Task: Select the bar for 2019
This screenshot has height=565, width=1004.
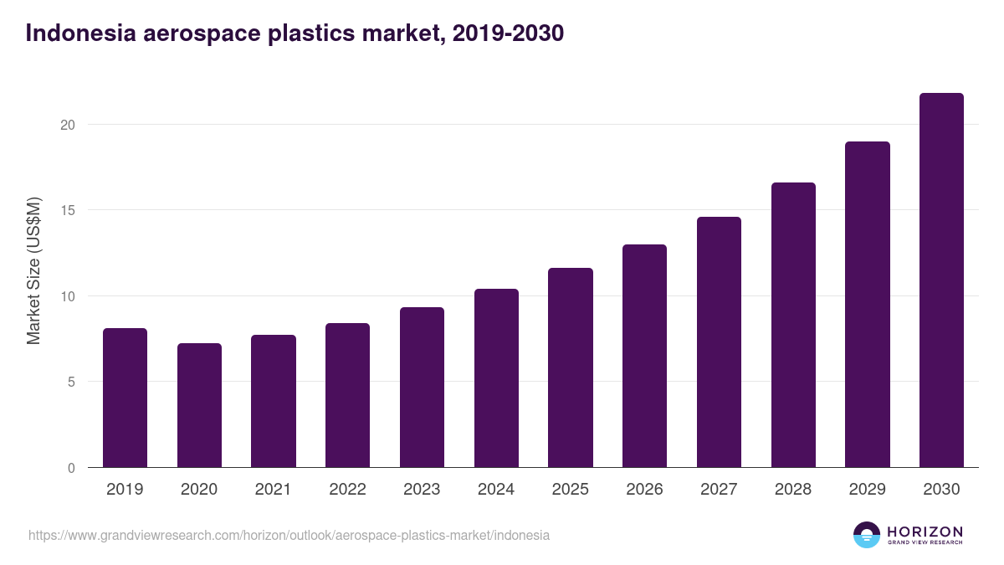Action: (x=125, y=398)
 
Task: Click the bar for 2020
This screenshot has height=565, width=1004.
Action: (x=199, y=405)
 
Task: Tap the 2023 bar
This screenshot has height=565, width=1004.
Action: (x=422, y=387)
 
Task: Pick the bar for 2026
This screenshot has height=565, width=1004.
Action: (x=644, y=356)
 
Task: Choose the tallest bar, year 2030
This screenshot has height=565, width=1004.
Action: (x=941, y=280)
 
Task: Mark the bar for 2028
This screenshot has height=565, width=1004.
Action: (x=793, y=325)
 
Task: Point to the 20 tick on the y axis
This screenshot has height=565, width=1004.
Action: (x=67, y=125)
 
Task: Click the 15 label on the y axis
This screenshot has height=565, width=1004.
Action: (x=67, y=210)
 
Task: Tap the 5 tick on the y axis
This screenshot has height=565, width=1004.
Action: (x=71, y=382)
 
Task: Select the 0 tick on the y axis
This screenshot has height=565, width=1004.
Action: (x=71, y=468)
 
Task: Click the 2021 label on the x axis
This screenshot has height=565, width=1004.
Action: (x=273, y=490)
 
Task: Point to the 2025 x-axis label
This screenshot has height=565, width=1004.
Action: (x=570, y=490)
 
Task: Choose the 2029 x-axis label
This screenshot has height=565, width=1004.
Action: (x=867, y=490)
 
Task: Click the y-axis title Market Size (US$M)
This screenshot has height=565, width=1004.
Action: (x=33, y=270)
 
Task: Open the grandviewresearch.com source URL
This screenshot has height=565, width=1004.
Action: (x=289, y=535)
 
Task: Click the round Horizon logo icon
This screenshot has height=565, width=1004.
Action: (x=867, y=535)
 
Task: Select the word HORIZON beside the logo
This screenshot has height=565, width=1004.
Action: (x=925, y=531)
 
